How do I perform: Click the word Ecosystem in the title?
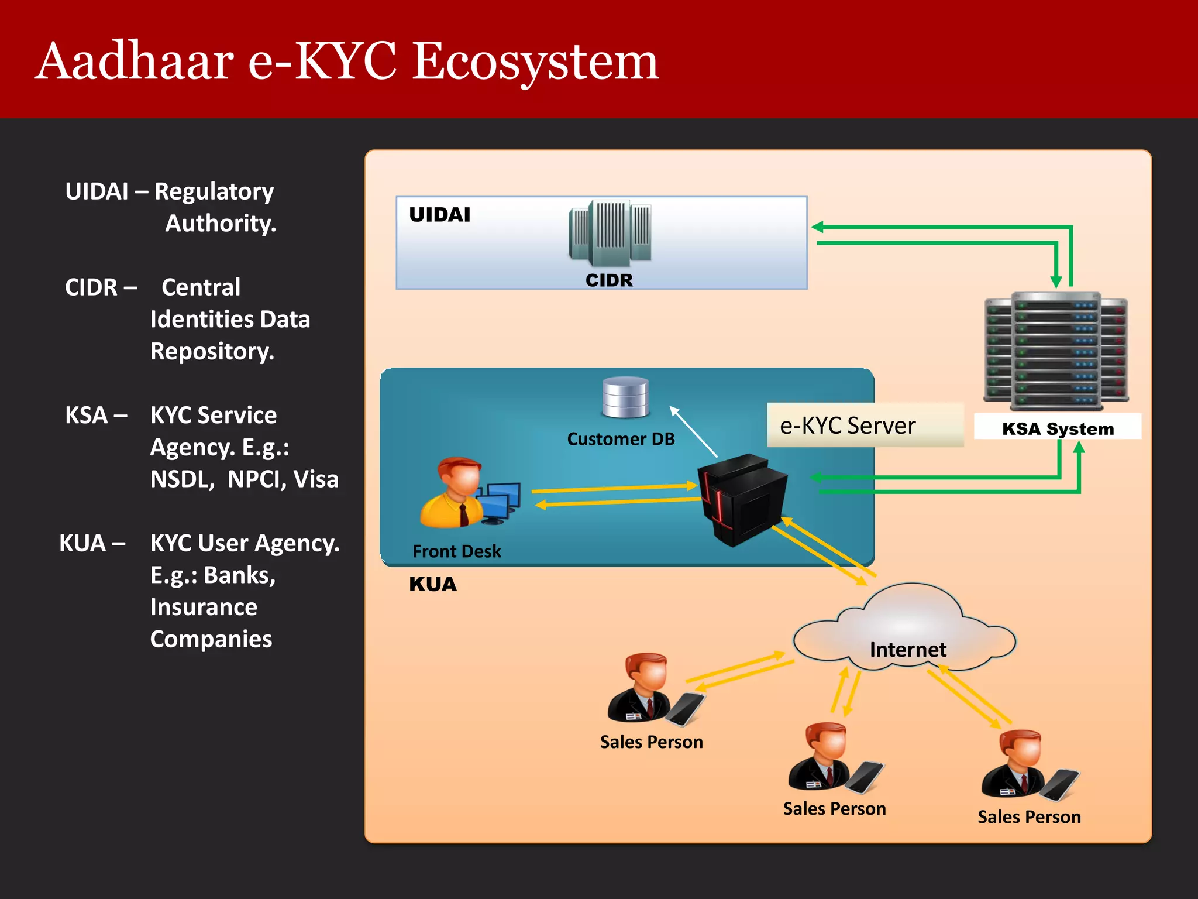point(535,63)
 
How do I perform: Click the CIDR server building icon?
point(610,233)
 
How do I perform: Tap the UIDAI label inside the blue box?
point(439,215)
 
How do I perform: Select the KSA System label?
point(1058,428)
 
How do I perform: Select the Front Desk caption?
point(457,551)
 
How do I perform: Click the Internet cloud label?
point(907,649)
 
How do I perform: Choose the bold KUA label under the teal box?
point(432,584)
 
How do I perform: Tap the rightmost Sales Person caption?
point(1029,816)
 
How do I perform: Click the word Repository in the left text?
point(212,351)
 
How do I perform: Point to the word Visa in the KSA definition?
point(316,479)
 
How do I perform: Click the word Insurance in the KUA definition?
point(204,607)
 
